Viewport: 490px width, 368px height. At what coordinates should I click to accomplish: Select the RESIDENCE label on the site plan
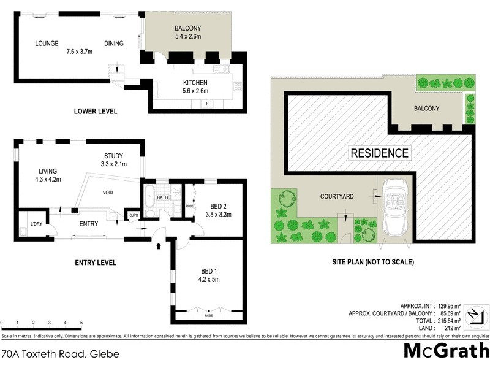(379, 153)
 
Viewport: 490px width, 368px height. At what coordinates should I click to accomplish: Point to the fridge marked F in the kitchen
(208, 103)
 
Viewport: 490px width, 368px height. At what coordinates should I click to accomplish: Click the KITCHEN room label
(195, 83)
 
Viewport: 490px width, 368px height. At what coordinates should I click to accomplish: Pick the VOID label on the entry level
(107, 192)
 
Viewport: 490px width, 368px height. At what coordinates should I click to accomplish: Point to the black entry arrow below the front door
(159, 246)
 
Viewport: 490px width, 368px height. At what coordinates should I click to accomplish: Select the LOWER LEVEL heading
(95, 111)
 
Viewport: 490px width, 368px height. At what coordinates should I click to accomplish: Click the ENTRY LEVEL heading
(95, 263)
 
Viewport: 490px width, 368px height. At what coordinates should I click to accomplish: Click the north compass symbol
(473, 317)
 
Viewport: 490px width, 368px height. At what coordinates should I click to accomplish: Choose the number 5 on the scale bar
(81, 323)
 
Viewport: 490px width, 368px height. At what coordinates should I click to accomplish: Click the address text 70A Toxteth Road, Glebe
(59, 355)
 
